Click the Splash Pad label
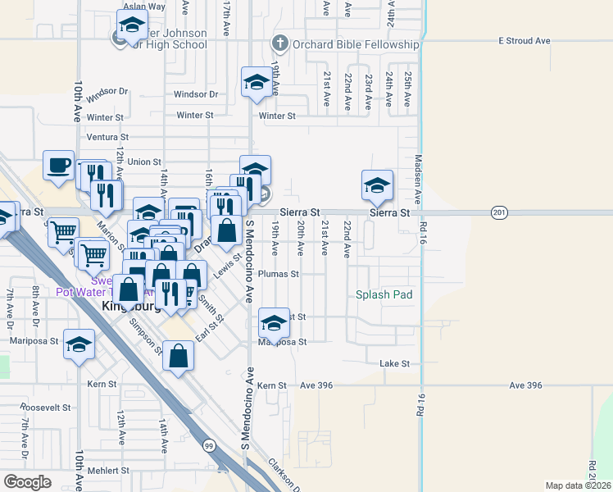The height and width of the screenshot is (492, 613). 384,294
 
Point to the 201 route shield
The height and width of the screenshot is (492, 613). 498,212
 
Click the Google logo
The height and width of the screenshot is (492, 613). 27,481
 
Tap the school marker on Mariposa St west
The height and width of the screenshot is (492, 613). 79,345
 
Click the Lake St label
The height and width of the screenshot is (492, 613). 394,363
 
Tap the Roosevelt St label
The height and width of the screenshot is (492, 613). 46,407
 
